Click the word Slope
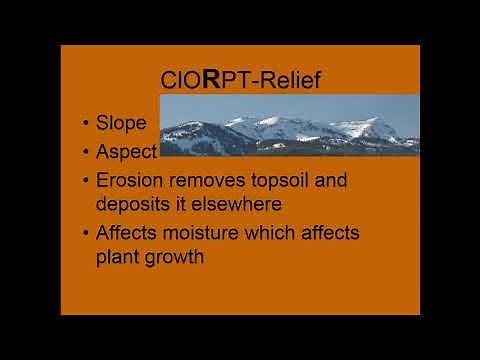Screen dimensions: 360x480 [121, 125]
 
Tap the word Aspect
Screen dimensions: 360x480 [127, 152]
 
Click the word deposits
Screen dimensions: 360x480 [137, 204]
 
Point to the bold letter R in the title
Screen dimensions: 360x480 [211, 79]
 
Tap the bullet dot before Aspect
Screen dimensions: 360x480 [87, 152]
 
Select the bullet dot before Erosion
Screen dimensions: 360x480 [87, 182]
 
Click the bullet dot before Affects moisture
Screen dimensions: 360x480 [87, 234]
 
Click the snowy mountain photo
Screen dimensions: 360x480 [290, 125]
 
